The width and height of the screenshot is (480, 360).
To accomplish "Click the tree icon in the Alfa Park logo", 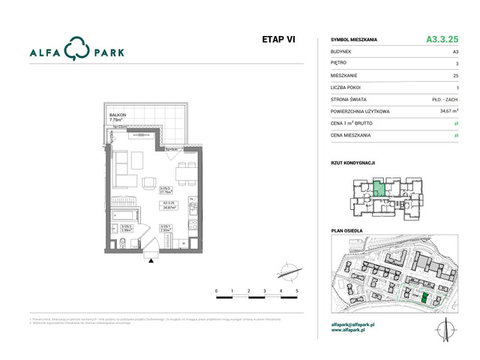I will click(76, 50).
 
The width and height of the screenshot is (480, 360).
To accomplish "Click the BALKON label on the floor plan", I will click(117, 115).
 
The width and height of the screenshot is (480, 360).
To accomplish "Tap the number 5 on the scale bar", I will click(297, 290).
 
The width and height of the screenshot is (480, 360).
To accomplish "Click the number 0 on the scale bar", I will click(216, 290).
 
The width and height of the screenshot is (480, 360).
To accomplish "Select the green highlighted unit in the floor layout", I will click(379, 187).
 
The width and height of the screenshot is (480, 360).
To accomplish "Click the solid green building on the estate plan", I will click(424, 298).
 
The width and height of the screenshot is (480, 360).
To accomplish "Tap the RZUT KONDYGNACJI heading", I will click(352, 162).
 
